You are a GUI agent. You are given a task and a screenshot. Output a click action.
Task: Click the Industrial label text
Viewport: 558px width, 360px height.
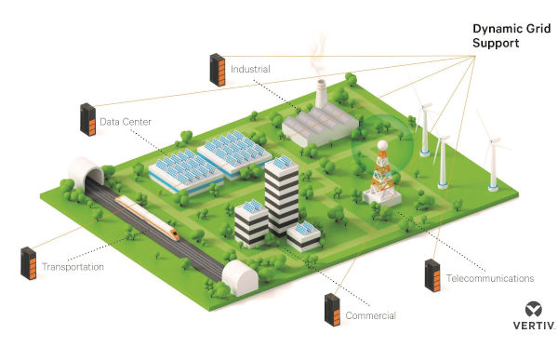[x=250, y=69]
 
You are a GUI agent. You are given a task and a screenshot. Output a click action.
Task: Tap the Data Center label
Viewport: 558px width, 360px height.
[x=126, y=122]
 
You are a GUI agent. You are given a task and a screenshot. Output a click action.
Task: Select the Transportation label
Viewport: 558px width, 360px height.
[x=73, y=267]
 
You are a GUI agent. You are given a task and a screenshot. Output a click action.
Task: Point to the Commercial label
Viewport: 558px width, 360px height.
[x=370, y=315]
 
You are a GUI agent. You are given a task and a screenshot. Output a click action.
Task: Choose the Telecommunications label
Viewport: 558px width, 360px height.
[x=490, y=278]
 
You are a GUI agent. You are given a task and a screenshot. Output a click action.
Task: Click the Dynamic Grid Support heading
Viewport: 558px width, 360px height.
[x=511, y=35]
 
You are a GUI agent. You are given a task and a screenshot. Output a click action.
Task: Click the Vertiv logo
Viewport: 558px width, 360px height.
[x=534, y=316]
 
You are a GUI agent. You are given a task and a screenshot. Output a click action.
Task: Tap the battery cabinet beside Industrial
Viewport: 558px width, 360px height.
[x=218, y=70]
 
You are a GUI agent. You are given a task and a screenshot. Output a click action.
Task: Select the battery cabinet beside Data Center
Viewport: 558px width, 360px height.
[x=88, y=120]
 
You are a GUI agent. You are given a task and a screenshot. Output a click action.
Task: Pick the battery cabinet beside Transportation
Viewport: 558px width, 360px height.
[x=29, y=263]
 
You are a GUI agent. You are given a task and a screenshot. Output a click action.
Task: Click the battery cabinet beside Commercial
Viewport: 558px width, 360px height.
[x=332, y=310]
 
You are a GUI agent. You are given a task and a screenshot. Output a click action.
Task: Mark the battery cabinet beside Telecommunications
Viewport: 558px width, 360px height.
[x=432, y=275]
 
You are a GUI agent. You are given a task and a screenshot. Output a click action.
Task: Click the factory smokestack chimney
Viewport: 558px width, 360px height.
[x=321, y=94]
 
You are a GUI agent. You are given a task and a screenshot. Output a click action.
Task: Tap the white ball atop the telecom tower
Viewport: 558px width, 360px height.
[x=382, y=145]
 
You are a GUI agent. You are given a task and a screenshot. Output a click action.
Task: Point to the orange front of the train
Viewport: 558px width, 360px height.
[x=175, y=234]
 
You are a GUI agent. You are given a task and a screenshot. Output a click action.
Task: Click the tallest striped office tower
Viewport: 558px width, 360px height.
[x=282, y=196]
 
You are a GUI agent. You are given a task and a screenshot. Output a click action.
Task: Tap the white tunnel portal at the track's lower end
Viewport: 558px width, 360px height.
[x=240, y=277]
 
